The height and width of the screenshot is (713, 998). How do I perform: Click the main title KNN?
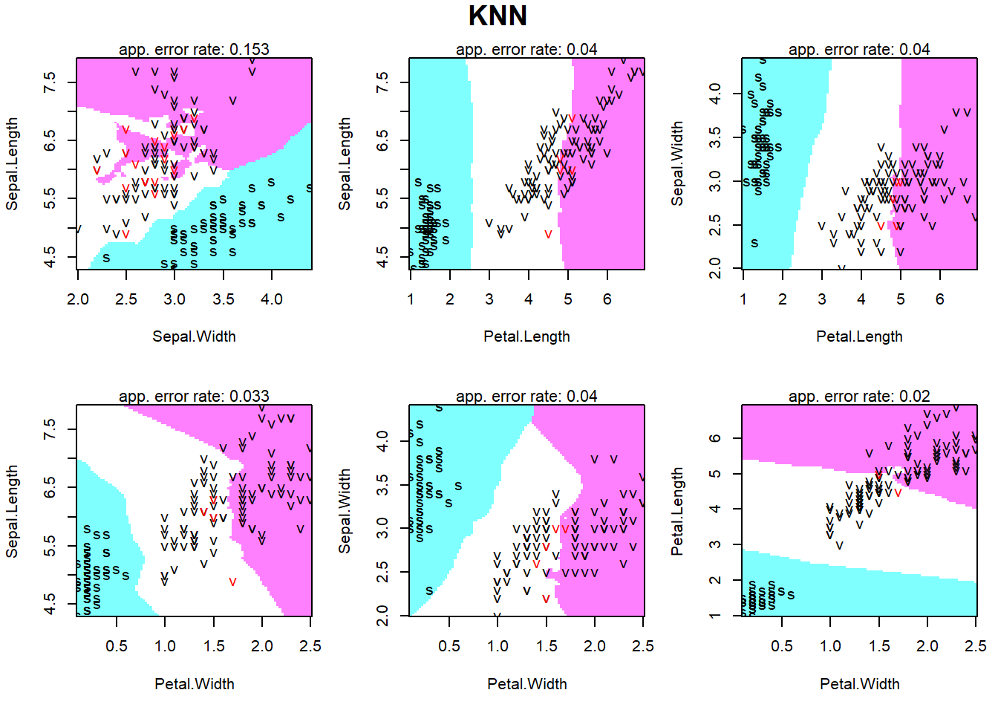click(x=498, y=16)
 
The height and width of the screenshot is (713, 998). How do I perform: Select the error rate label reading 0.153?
click(x=194, y=49)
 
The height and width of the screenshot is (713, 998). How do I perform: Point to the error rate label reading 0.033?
click(x=194, y=396)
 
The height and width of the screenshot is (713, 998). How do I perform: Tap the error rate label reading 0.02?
click(x=859, y=396)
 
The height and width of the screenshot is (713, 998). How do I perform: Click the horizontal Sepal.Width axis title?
click(x=194, y=336)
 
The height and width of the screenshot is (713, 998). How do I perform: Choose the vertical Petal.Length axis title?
click(x=677, y=512)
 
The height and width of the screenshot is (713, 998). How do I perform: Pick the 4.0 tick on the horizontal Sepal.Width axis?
click(x=272, y=299)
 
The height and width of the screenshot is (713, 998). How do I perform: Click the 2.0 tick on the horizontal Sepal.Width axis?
click(x=78, y=299)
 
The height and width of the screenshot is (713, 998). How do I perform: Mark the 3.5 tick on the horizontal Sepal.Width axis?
click(x=224, y=299)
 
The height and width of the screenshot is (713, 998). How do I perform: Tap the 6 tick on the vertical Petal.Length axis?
click(x=715, y=438)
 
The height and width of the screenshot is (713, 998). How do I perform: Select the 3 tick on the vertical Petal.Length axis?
click(x=715, y=544)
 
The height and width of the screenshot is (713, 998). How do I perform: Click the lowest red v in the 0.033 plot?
click(x=232, y=582)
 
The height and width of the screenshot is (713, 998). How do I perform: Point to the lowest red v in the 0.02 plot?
click(x=898, y=492)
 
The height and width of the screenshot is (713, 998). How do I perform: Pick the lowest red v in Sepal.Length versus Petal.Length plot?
click(x=548, y=235)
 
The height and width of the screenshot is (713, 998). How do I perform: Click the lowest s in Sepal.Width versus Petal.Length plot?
click(x=754, y=243)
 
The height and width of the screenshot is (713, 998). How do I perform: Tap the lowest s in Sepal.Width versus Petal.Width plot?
click(x=429, y=590)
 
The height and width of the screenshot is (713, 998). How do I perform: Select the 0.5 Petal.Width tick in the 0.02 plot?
click(x=782, y=646)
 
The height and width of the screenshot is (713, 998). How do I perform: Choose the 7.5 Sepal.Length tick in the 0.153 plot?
click(x=50, y=82)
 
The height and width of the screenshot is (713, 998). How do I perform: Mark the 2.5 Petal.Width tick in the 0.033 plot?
click(x=310, y=646)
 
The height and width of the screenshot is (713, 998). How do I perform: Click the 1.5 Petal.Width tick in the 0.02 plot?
click(x=879, y=646)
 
